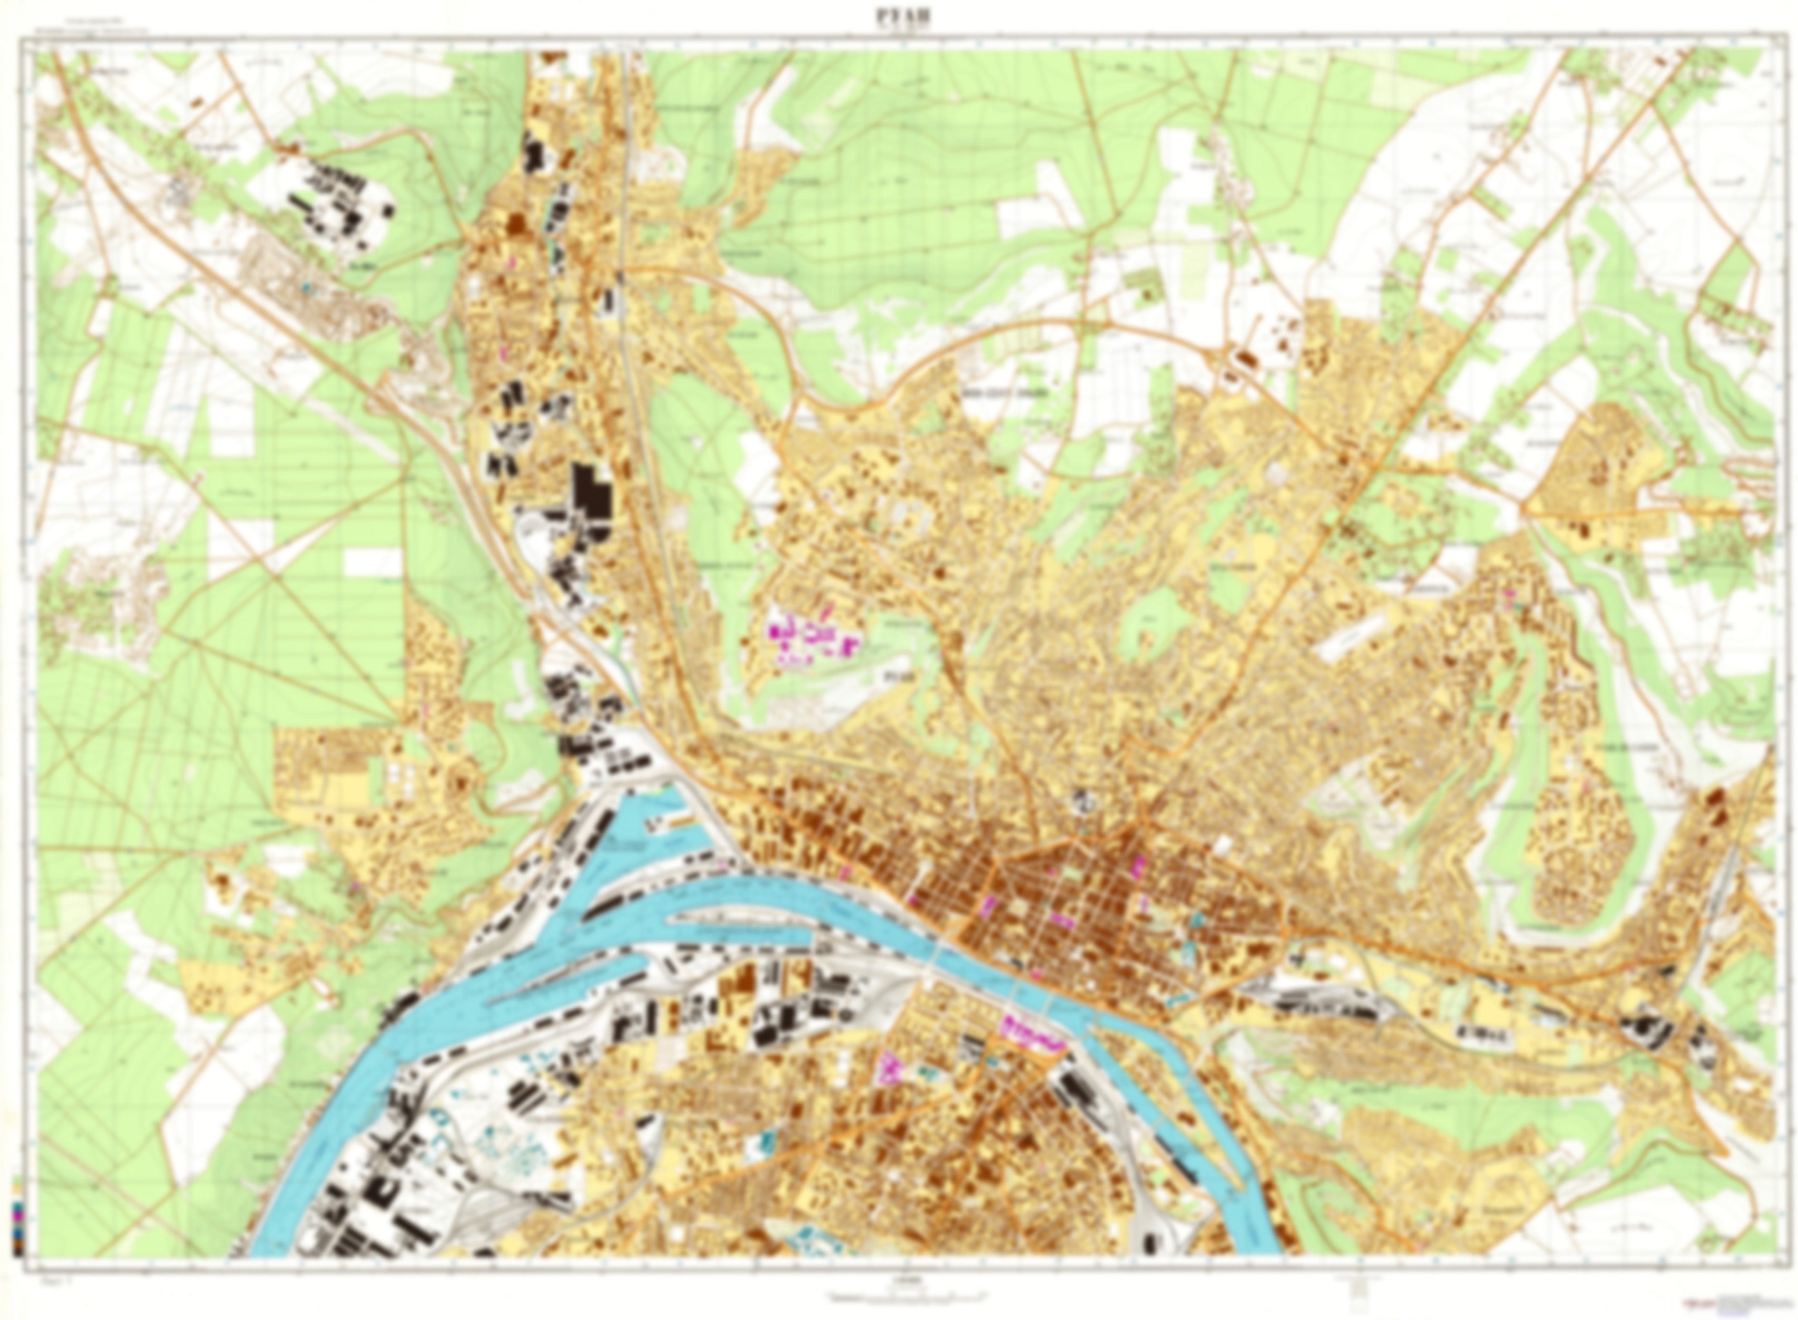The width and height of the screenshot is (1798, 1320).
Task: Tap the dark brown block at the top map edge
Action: (x=554, y=58)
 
